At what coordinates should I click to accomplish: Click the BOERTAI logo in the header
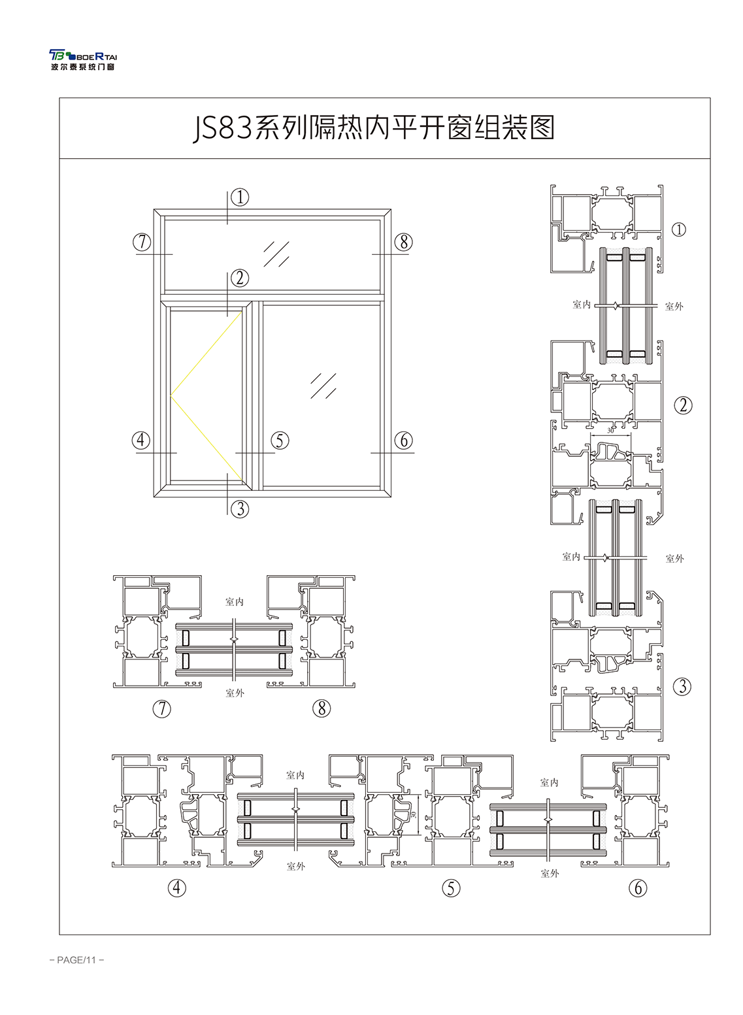tap(83, 60)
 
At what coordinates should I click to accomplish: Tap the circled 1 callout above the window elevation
tap(240, 197)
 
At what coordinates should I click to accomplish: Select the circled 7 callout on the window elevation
tap(142, 242)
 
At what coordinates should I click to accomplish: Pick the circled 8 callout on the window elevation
tap(403, 242)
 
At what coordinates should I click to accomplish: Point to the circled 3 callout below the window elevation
tap(240, 509)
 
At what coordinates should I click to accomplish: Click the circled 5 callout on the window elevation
tap(280, 441)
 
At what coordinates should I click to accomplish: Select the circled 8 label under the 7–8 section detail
tap(322, 708)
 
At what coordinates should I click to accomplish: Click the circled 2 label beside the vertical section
tap(683, 405)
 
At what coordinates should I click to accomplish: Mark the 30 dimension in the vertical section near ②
tap(610, 431)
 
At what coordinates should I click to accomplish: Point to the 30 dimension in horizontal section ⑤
tap(413, 814)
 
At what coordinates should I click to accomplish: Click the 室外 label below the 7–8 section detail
tap(235, 693)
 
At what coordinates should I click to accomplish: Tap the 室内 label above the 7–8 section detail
tap(234, 602)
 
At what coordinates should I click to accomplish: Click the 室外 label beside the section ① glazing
tap(674, 307)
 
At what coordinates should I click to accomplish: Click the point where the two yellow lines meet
tap(171, 396)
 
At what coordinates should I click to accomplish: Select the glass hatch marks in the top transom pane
tap(276, 254)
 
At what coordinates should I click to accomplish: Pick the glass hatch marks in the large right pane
tap(323, 386)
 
